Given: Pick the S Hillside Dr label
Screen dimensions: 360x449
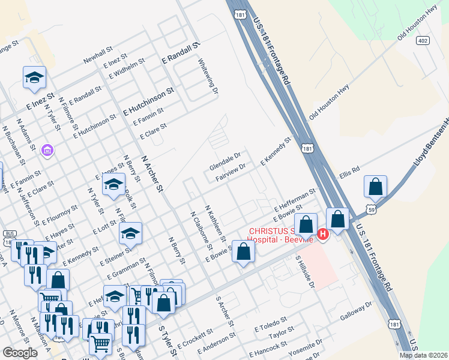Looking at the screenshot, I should (x=305, y=271).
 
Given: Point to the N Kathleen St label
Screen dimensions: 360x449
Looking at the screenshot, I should (x=215, y=223).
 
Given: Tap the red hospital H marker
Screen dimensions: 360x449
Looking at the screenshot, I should (x=323, y=234).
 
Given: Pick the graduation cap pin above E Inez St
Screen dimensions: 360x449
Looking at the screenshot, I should (x=34, y=77).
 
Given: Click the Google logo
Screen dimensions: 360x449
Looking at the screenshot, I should (x=20, y=352).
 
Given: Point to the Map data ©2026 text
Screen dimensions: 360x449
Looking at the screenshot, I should (x=423, y=355).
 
